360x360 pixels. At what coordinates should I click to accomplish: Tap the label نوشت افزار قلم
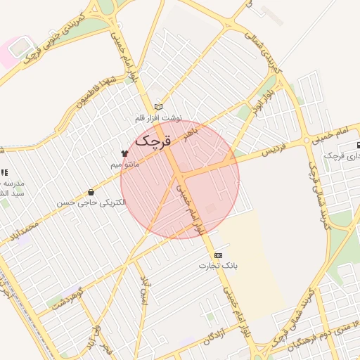tap(159, 118)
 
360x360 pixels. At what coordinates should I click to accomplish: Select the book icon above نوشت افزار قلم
tap(158, 106)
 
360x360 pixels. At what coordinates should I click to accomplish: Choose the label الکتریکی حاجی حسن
tap(91, 202)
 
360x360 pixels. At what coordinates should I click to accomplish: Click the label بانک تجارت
tap(218, 266)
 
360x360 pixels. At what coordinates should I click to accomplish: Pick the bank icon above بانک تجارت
tap(217, 255)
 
